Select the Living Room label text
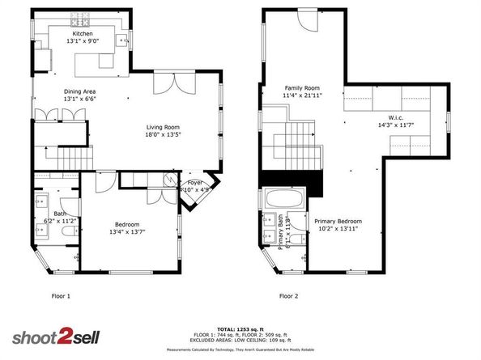(163, 127)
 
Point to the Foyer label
(195, 183)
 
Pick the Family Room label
(300, 87)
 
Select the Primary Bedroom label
(338, 221)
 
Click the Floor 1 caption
(62, 296)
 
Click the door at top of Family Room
(309, 20)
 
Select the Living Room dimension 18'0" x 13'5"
(163, 135)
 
